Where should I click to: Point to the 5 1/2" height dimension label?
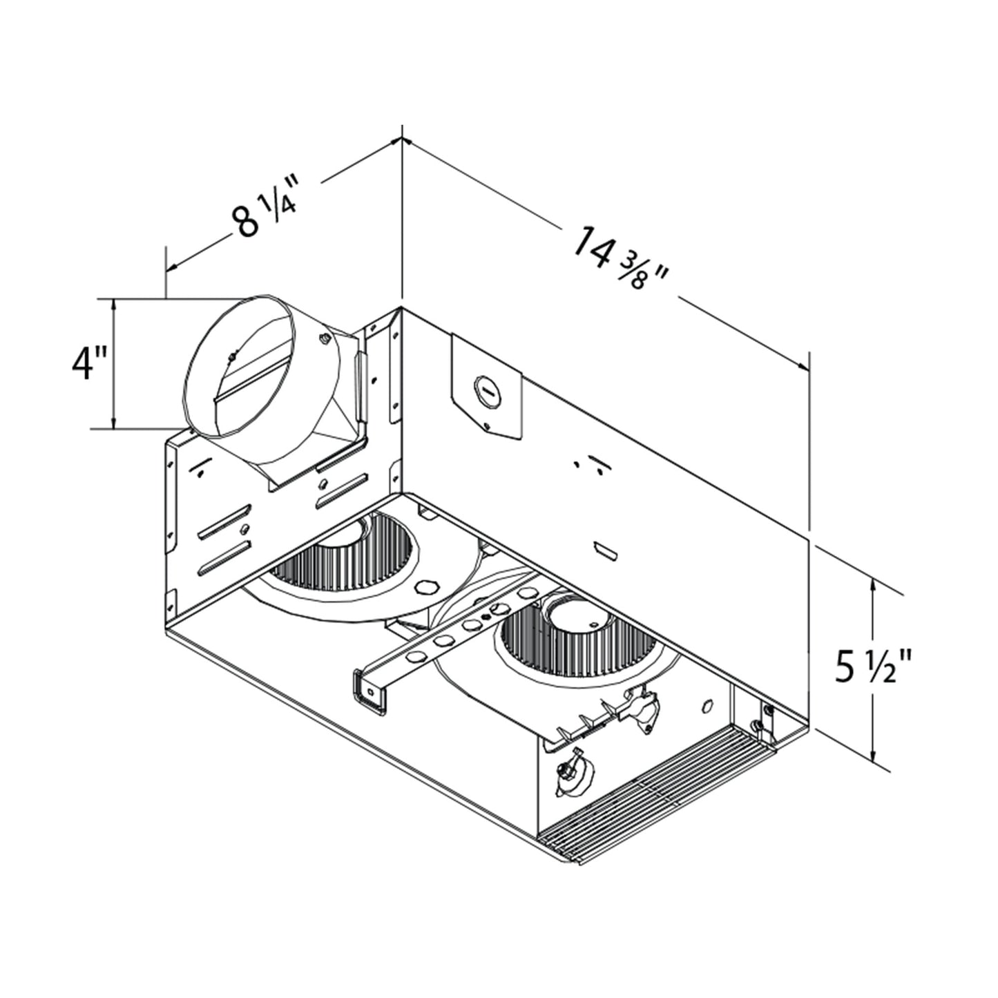[873, 666]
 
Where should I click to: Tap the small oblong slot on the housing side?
[606, 549]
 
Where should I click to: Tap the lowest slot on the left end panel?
[222, 558]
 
